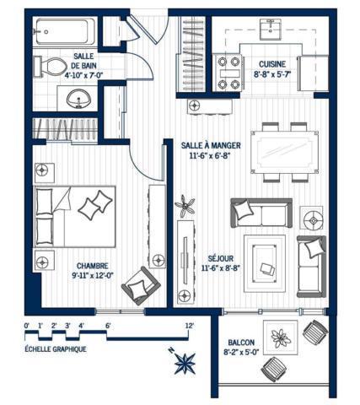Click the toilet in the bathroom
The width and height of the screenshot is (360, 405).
pos(51,67)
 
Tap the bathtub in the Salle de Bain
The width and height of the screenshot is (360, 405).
pos(65,31)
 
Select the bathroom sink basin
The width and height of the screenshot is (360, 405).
pos(79,99)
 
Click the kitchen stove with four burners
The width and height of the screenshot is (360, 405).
pos(228,73)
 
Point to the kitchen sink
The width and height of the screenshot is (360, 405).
pos(270,30)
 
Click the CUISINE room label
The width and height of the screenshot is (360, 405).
pos(272,64)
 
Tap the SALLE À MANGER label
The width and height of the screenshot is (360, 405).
pos(211,145)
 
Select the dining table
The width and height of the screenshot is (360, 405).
pos(285,152)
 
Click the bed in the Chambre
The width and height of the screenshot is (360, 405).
pos(75,217)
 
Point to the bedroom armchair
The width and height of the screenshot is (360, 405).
pos(141,285)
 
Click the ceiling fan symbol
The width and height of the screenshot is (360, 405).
pos(185,206)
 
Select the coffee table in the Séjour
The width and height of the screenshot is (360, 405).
pos(264,262)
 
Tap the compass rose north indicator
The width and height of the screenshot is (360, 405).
pos(185,363)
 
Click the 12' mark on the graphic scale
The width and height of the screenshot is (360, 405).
pos(190,326)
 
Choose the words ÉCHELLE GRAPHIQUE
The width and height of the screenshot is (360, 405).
pos(56,349)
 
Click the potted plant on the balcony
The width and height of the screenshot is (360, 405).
pos(280,337)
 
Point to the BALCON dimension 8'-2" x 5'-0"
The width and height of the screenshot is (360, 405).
pos(241,352)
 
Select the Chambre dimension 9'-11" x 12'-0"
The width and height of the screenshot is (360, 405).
pos(93,275)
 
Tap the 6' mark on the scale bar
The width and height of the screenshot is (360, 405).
pos(108,326)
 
